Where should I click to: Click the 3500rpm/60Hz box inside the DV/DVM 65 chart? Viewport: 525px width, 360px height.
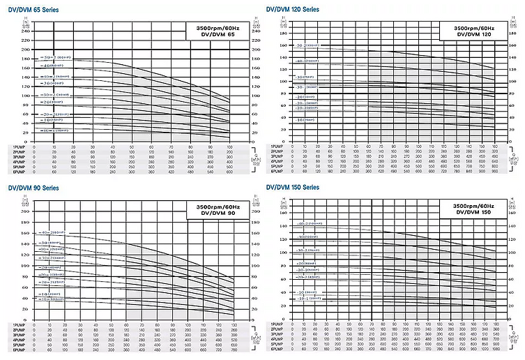[x=215, y=32]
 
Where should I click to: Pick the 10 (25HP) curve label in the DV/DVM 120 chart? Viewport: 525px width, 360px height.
[x=306, y=120]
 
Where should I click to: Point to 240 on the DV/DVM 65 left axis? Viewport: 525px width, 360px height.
[x=26, y=31]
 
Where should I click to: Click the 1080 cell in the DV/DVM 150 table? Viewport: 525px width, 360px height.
[x=494, y=352]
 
